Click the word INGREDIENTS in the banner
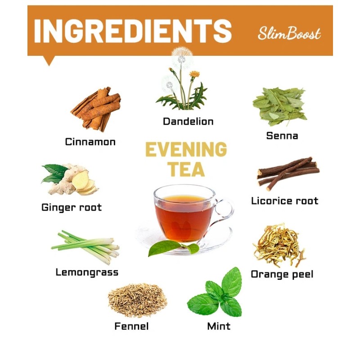(133, 31)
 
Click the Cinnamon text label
(90, 142)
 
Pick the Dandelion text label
(188, 121)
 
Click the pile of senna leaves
(279, 106)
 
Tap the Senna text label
(282, 135)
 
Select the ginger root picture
(72, 179)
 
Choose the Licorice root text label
(284, 201)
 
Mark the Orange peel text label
(282, 274)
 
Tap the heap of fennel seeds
(137, 299)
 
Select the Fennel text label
(131, 326)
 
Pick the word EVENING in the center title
(185, 150)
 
